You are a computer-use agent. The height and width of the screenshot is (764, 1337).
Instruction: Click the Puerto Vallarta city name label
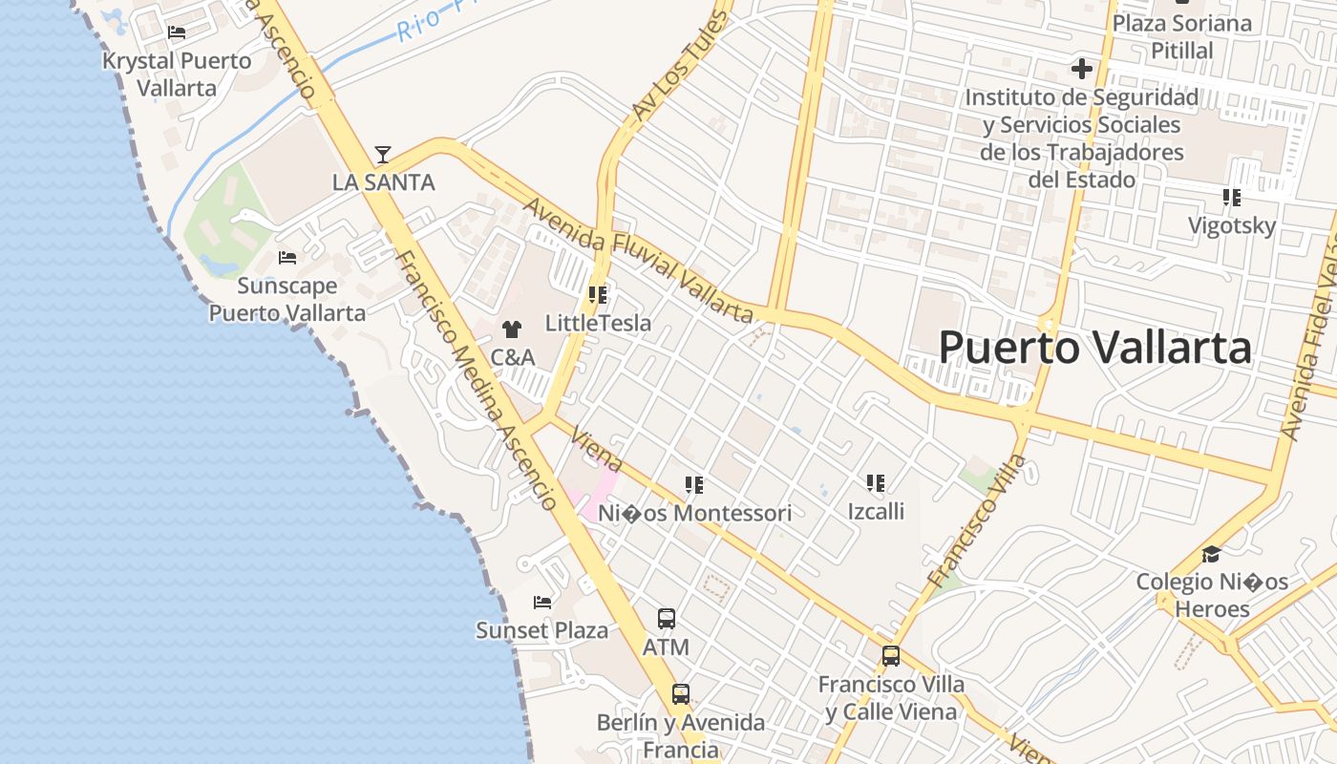coord(1094,348)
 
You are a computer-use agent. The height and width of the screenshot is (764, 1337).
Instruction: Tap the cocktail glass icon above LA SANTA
coord(383,154)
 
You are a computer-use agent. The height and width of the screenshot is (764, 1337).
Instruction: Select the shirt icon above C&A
coord(512,329)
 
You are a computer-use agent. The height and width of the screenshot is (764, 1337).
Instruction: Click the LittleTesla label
coord(598,323)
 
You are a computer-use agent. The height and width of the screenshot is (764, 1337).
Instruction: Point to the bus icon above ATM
coord(667,619)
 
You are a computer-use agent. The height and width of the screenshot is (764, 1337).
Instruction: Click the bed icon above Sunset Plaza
coord(542,603)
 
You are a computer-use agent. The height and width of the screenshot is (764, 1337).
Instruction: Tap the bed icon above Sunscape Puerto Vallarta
coord(286,258)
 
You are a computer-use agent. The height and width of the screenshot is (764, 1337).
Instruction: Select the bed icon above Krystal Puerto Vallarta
coord(177,32)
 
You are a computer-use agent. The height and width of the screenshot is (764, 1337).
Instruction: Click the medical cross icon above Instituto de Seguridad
coord(1081,69)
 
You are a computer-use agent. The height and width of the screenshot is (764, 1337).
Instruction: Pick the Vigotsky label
coord(1232,226)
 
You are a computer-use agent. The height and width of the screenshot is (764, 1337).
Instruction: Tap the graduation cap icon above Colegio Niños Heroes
coord(1211,554)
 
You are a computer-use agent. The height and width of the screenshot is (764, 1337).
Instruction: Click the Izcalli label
coord(876,511)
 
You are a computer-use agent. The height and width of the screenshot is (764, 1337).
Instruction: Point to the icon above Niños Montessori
coord(694,485)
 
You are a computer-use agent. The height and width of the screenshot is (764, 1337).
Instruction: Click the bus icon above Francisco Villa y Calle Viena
coord(891,656)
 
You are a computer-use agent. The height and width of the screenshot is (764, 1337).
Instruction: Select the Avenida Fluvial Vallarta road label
coord(638,260)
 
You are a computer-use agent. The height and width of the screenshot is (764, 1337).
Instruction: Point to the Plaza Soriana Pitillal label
coord(1182,36)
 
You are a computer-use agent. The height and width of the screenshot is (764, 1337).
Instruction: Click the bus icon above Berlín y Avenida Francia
coord(681,694)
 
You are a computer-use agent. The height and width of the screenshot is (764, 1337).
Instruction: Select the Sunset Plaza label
coord(541,630)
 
